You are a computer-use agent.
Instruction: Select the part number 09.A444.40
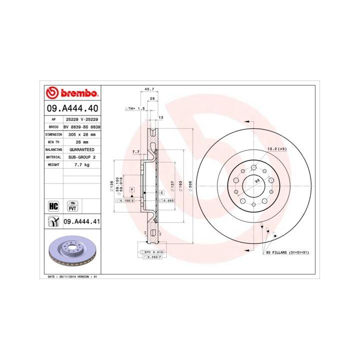click(72, 107)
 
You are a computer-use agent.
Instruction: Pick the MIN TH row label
click(53, 142)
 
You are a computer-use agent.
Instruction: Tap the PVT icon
click(73, 205)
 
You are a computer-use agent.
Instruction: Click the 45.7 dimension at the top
click(149, 89)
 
